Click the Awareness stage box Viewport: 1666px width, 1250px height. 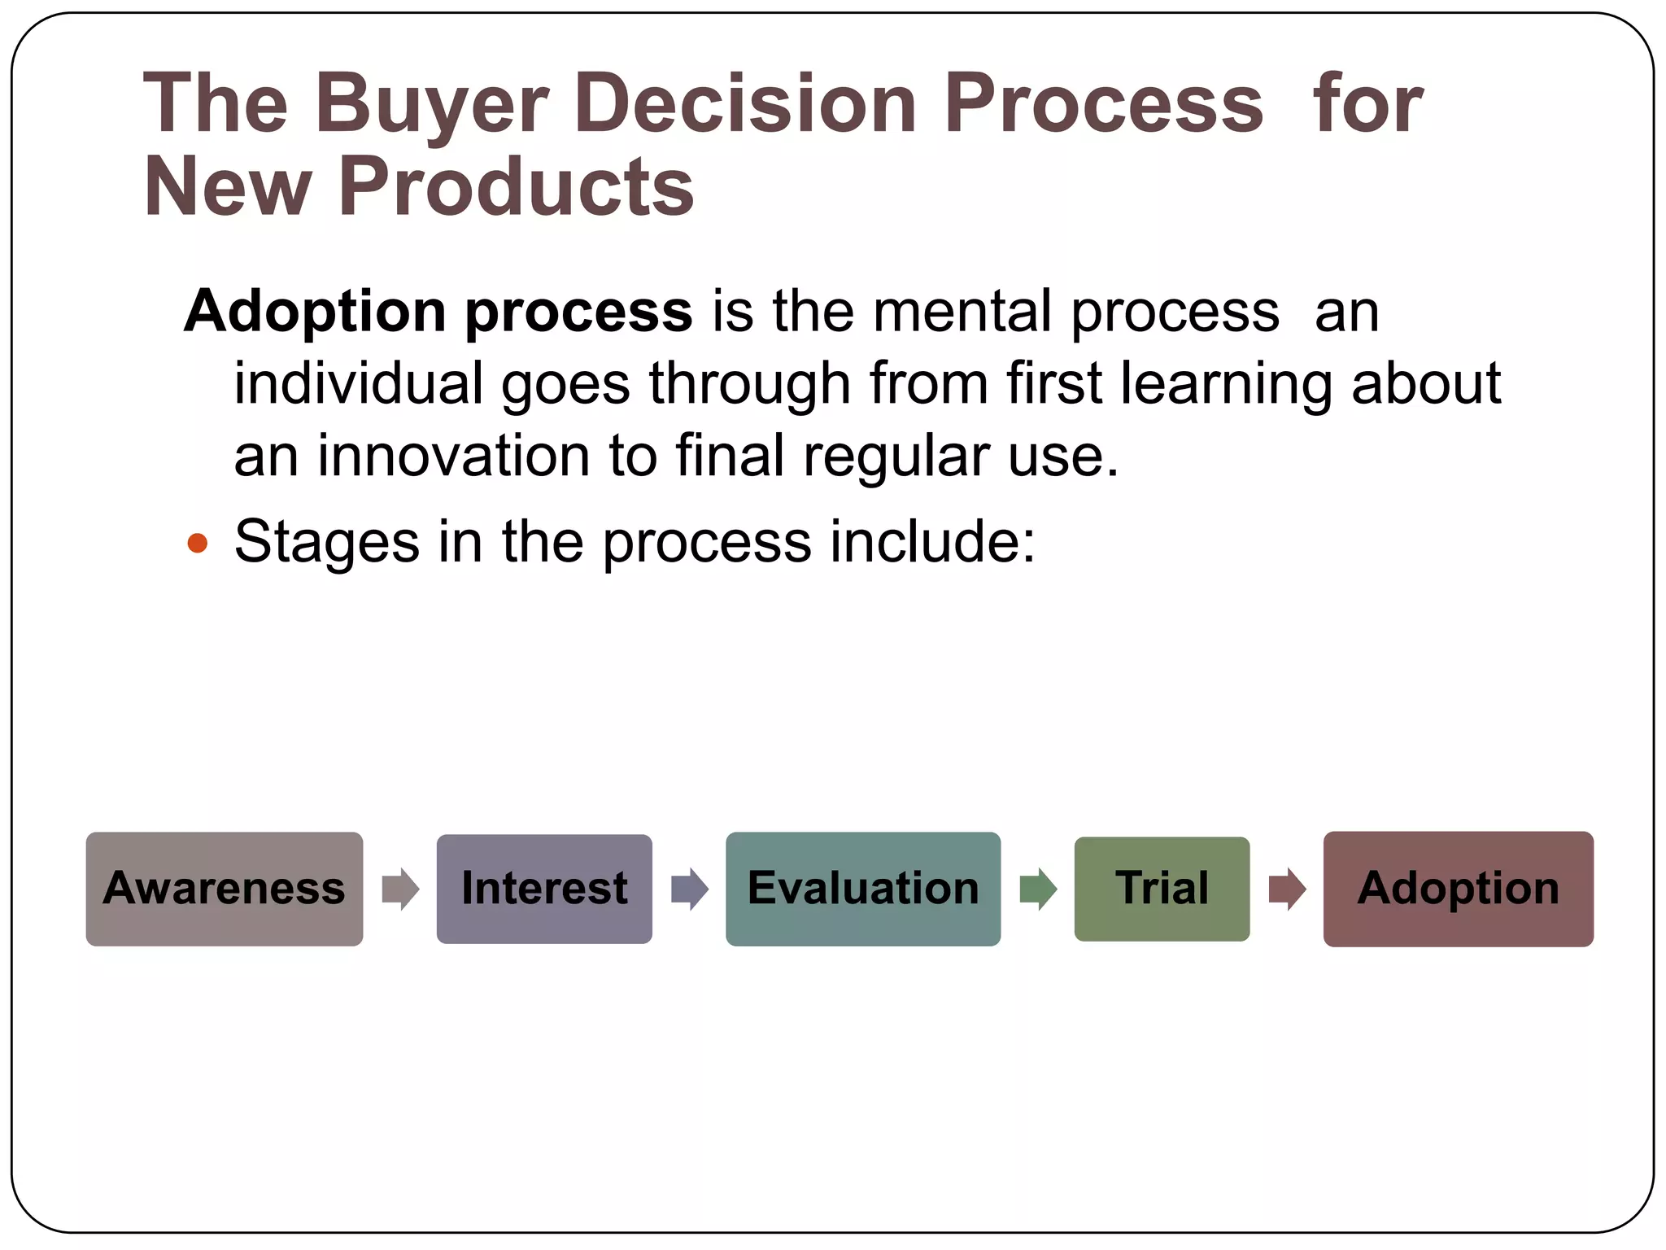225,889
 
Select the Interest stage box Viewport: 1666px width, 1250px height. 544,889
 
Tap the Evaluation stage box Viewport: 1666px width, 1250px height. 863,889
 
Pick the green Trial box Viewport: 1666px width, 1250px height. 1162,889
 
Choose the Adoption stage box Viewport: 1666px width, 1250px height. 1458,889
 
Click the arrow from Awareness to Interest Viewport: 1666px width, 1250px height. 400,889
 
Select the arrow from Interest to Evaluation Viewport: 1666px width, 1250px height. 690,889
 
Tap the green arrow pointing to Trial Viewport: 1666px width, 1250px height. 1038,889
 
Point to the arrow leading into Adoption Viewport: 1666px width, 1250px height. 1287,889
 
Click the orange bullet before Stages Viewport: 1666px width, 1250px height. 198,543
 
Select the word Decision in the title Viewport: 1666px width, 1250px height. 746,104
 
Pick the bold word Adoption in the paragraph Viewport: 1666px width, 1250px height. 315,312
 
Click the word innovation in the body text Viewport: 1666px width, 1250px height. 453,456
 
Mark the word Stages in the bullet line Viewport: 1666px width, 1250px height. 326,543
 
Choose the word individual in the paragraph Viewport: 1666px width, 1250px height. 359,383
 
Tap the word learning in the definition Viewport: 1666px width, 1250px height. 1226,383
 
